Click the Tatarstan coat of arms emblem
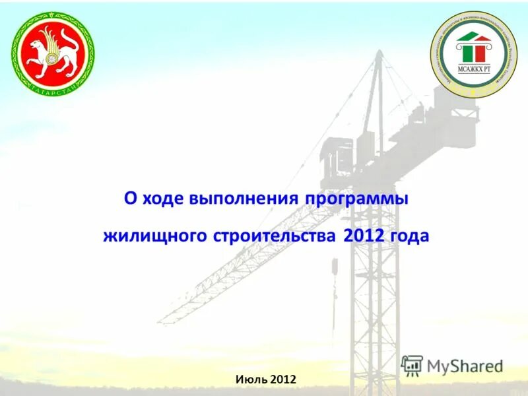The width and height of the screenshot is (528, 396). click(x=53, y=53)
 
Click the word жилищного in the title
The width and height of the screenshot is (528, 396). click(x=155, y=236)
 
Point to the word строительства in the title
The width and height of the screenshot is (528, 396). click(x=276, y=236)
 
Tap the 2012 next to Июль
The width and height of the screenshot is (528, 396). click(x=282, y=379)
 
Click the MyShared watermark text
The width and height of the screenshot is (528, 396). click(x=465, y=366)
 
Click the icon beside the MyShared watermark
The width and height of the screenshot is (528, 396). click(x=412, y=366)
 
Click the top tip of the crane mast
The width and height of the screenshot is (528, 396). click(x=379, y=53)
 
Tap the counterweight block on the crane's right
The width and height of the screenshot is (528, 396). click(x=455, y=122)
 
